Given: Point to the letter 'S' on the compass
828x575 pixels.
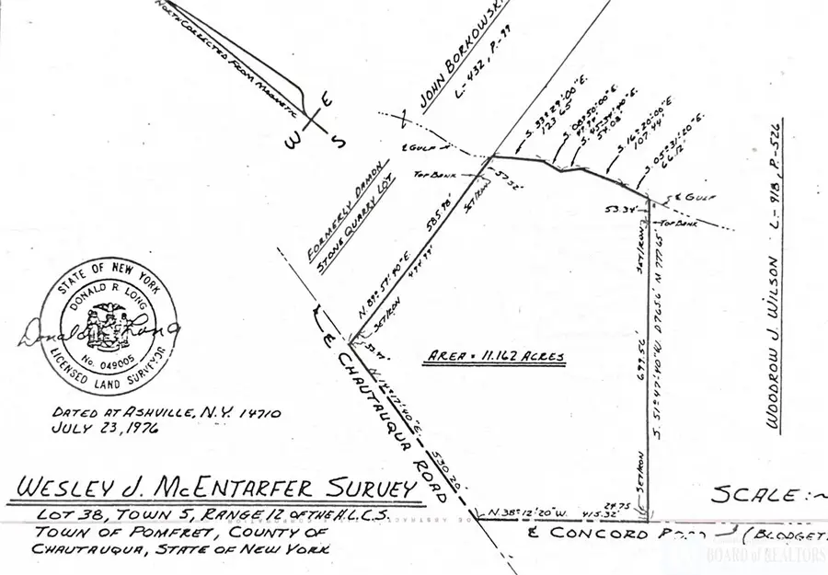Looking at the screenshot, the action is click(x=337, y=143).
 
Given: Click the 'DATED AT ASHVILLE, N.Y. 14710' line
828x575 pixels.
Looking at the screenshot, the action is click(x=139, y=413).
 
